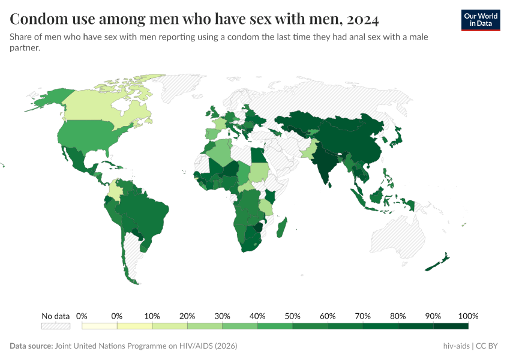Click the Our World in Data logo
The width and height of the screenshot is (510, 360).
click(x=480, y=20)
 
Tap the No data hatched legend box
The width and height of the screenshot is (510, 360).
click(x=55, y=326)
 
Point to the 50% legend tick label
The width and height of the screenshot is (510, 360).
click(x=292, y=316)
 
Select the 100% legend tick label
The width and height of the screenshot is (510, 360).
click(x=468, y=316)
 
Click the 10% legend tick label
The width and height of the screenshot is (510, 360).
click(x=152, y=316)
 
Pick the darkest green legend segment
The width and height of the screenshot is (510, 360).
click(x=451, y=326)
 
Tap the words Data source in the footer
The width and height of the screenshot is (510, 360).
click(x=31, y=346)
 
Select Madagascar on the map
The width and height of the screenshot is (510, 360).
click(x=283, y=229)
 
